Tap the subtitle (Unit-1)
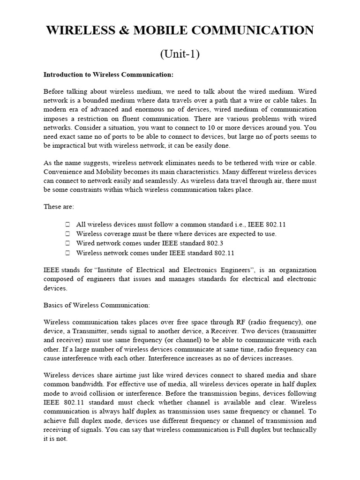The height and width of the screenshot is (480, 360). [180, 54]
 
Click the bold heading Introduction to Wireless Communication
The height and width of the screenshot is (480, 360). [108, 75]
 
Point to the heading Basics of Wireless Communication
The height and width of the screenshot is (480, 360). [97, 305]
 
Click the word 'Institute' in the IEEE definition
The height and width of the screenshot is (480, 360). [112, 270]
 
